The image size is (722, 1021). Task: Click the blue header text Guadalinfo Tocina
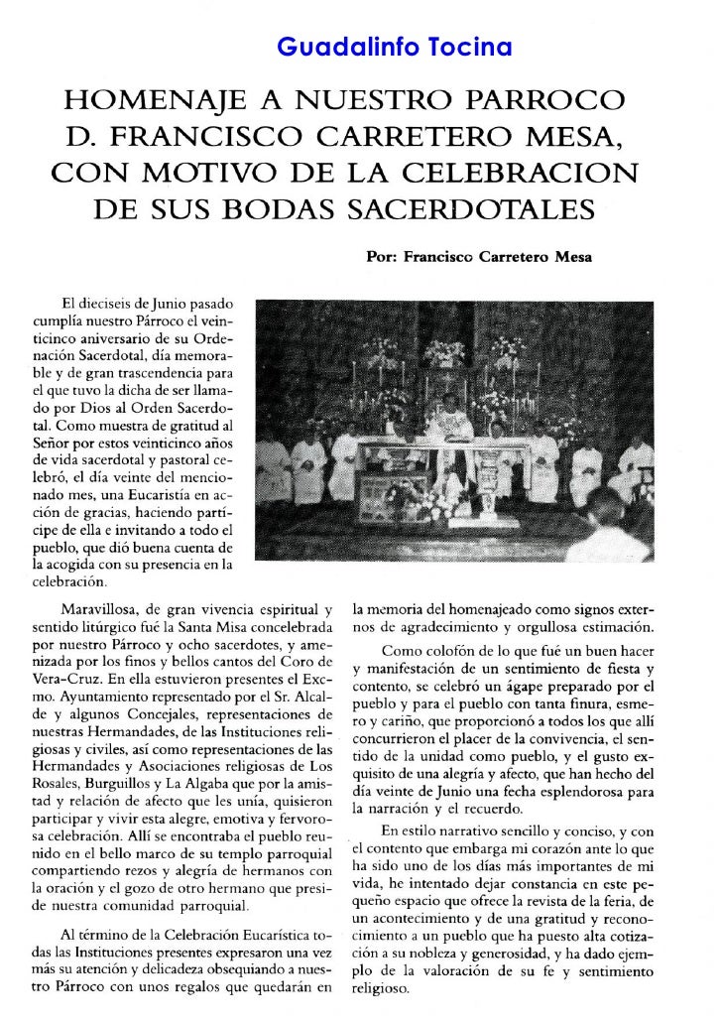(x=393, y=47)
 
